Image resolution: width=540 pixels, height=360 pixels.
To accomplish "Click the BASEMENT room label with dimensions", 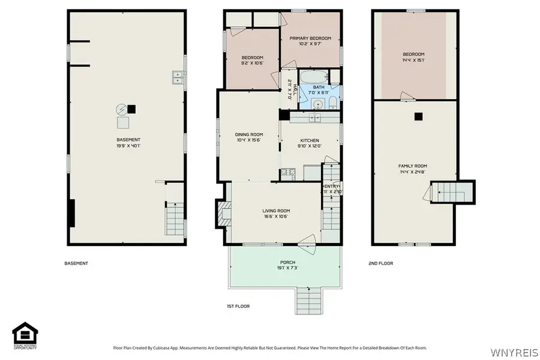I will [128, 142].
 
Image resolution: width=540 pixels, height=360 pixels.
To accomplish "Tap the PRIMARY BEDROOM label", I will [310, 41].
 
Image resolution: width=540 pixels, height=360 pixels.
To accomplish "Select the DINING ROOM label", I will [248, 137].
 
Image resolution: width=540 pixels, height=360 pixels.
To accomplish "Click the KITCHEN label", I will [310, 143].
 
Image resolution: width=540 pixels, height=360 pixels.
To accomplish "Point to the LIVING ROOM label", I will [276, 213].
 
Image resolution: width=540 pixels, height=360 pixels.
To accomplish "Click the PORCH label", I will [287, 265].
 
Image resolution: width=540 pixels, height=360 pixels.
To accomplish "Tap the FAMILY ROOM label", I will [412, 169].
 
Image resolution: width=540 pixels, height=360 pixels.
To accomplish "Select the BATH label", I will [319, 90].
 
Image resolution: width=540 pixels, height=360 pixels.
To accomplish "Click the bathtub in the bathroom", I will [313, 77].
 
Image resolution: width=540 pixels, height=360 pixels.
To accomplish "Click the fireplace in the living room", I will [223, 213].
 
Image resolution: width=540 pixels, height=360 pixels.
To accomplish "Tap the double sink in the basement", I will [178, 77].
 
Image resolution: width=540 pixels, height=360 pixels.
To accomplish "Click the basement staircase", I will [174, 219].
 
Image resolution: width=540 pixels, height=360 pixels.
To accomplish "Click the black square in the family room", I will [419, 116].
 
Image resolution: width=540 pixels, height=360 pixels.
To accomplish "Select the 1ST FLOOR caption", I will [238, 306].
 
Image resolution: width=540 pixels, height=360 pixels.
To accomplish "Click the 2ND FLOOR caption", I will [380, 263].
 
